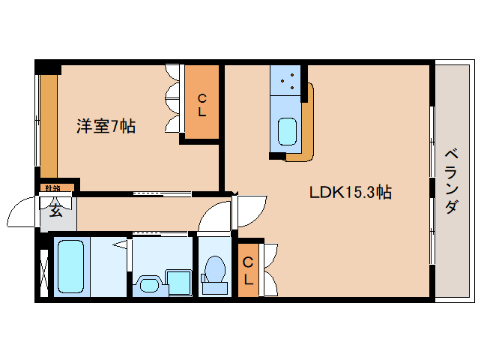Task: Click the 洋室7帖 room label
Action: coord(105,126)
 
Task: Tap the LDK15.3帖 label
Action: coord(351,192)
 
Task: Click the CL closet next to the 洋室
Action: coord(202,104)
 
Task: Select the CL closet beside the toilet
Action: coord(248,270)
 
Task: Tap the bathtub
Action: coord(72,267)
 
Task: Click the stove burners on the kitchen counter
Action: coord(287,81)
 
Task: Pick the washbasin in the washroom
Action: coord(147,283)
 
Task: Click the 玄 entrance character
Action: coord(55,210)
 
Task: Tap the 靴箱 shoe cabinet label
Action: coord(52,187)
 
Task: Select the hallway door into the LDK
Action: coord(250,208)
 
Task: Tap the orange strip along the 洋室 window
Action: coord(48,124)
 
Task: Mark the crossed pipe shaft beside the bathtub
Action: coord(43,268)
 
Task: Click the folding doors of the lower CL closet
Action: coord(270,270)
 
